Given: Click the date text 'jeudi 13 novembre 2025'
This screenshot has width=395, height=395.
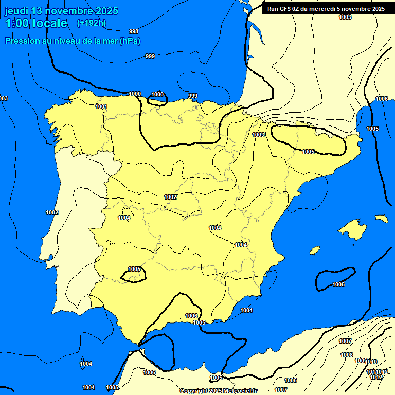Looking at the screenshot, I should (x=61, y=11).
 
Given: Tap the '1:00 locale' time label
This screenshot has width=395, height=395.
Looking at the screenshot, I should (x=36, y=23).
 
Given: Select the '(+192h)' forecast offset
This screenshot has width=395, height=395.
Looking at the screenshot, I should (x=91, y=23).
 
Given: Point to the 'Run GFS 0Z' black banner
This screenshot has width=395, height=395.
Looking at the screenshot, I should (x=326, y=8).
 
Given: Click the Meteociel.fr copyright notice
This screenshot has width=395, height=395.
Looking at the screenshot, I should (x=218, y=391).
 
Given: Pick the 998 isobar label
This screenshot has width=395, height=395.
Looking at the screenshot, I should (x=134, y=31).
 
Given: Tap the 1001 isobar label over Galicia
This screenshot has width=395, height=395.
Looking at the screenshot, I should (x=101, y=106).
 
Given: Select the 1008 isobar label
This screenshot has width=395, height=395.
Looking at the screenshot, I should (x=347, y=355).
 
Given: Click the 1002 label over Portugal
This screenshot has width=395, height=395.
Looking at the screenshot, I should (x=52, y=212).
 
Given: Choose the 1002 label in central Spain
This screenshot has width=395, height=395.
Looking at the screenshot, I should (x=171, y=197).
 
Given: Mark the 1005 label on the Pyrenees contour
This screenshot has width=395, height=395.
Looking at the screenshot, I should (x=308, y=152).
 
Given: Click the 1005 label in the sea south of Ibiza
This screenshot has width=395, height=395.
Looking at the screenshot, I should (x=338, y=284).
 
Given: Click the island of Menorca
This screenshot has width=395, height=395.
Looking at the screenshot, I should (x=381, y=219).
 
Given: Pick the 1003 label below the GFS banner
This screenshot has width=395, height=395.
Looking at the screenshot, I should (x=345, y=17).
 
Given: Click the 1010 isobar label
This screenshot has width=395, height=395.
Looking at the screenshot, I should (x=371, y=362).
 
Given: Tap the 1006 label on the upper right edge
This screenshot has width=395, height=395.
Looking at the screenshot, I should (x=382, y=99).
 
